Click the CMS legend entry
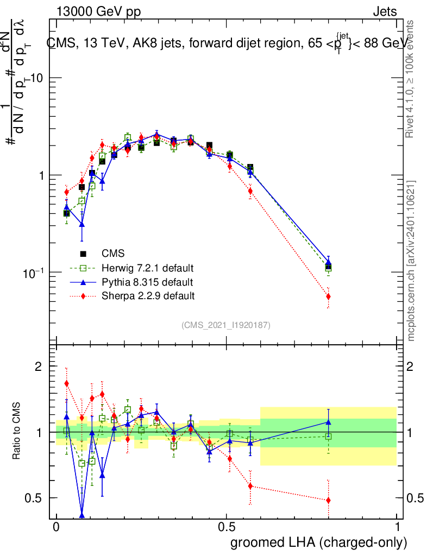tap(113, 254)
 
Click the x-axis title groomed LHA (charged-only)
tap(319, 542)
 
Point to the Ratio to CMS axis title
tap(17, 431)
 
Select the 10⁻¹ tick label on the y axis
tap(34, 273)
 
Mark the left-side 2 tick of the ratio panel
tap(38, 367)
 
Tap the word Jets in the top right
tap(385, 12)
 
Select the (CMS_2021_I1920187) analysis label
tap(226, 325)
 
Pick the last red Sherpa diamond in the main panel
tap(328, 296)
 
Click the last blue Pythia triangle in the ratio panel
tap(328, 421)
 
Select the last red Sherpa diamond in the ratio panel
tap(328, 500)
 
